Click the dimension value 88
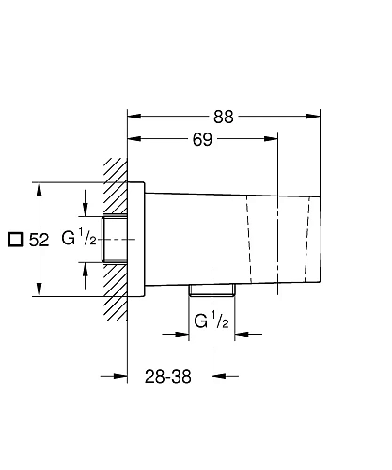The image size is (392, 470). tap(224, 117)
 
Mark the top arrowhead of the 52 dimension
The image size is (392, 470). tap(39, 187)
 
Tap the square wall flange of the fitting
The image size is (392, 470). tap(137, 240)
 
